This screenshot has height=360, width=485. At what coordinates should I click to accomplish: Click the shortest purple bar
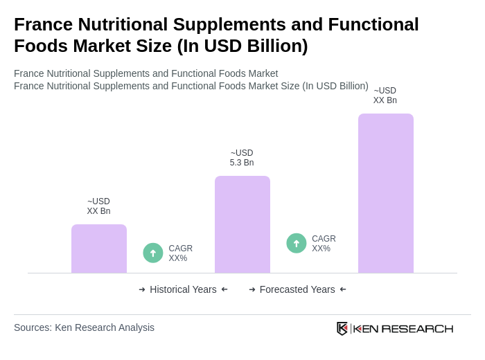click(99, 249)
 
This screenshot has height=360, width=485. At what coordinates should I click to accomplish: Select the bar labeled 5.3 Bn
click(242, 224)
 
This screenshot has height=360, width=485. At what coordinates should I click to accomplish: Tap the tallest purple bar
click(386, 193)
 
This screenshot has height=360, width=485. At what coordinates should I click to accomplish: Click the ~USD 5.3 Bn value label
click(242, 158)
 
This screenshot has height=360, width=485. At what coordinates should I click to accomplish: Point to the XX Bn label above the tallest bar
click(385, 96)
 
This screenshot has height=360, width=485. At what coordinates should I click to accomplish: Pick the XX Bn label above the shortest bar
click(98, 206)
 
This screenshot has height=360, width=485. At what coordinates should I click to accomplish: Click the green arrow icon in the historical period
click(153, 253)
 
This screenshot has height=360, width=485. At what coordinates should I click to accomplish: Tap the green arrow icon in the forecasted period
click(297, 243)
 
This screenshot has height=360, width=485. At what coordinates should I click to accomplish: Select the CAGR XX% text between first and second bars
click(180, 253)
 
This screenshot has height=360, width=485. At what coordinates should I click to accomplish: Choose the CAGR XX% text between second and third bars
click(324, 244)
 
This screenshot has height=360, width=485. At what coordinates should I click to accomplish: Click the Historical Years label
click(183, 289)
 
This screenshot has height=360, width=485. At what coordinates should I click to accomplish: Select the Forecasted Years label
click(297, 289)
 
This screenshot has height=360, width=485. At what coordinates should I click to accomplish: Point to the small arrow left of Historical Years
click(142, 289)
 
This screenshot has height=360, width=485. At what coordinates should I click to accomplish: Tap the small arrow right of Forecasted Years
click(343, 289)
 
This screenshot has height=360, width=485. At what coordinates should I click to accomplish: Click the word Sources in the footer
click(32, 327)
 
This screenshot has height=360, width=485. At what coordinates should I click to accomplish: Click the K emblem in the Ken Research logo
click(342, 328)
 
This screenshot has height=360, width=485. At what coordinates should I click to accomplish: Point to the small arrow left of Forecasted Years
click(252, 289)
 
